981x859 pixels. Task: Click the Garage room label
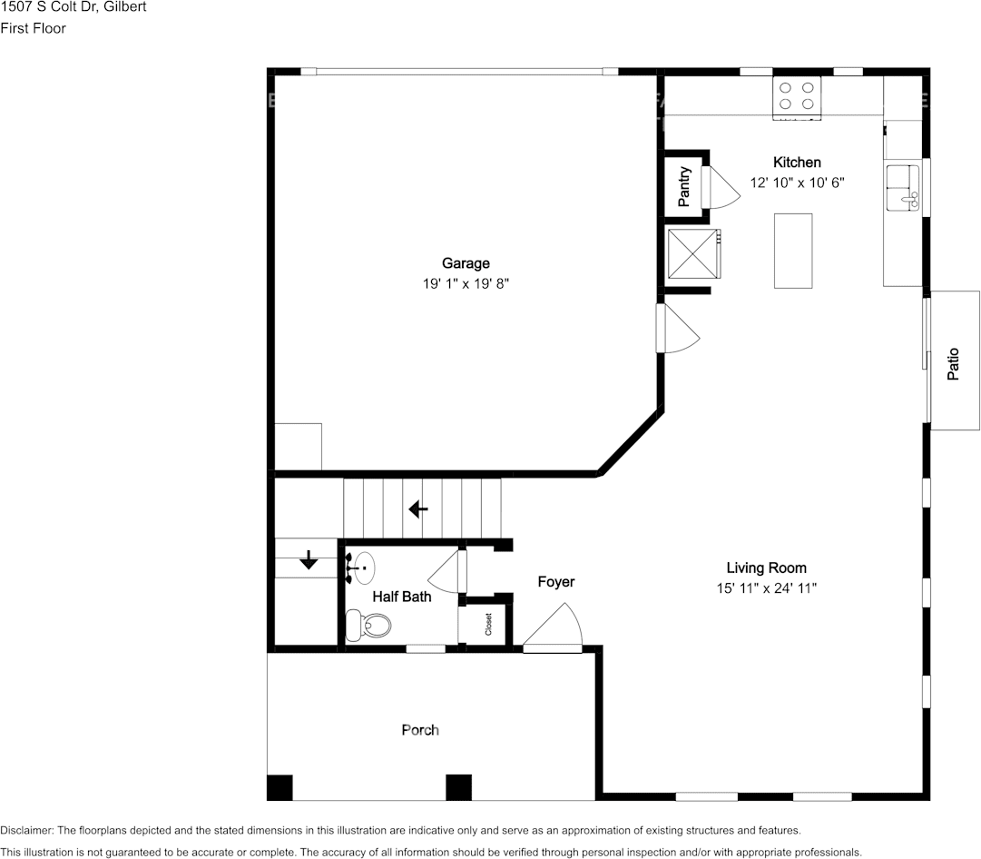466,263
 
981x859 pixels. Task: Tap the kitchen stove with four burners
797,97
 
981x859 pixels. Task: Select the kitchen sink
902,187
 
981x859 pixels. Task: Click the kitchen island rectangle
793,251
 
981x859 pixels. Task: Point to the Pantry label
684,186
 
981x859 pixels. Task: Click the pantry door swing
721,187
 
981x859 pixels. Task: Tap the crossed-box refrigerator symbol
693,253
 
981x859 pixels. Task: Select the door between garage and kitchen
677,329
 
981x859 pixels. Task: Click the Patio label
953,364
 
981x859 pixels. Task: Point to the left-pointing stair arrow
418,509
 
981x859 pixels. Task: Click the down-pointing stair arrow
309,559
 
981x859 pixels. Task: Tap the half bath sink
360,568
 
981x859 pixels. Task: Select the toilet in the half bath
368,625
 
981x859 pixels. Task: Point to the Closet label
488,624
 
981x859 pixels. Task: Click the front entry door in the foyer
553,627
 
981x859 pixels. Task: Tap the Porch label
420,730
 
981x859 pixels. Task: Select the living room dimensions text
767,588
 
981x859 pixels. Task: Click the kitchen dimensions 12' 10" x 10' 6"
797,183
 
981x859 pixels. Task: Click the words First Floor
34,28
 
